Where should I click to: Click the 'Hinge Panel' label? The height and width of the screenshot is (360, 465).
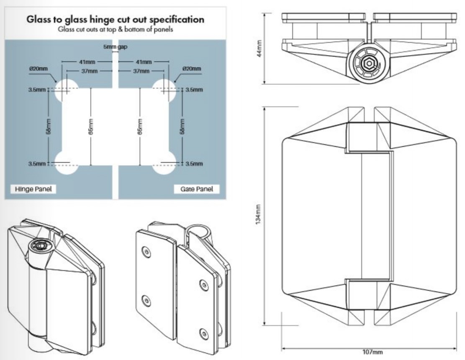32,189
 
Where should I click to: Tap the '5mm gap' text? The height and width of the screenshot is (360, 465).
116,46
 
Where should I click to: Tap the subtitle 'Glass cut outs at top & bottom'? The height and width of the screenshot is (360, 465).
115,30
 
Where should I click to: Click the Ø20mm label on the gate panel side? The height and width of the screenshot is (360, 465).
192,69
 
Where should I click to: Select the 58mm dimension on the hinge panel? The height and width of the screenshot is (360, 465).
49,127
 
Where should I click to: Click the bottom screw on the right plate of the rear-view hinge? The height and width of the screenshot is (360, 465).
204,333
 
